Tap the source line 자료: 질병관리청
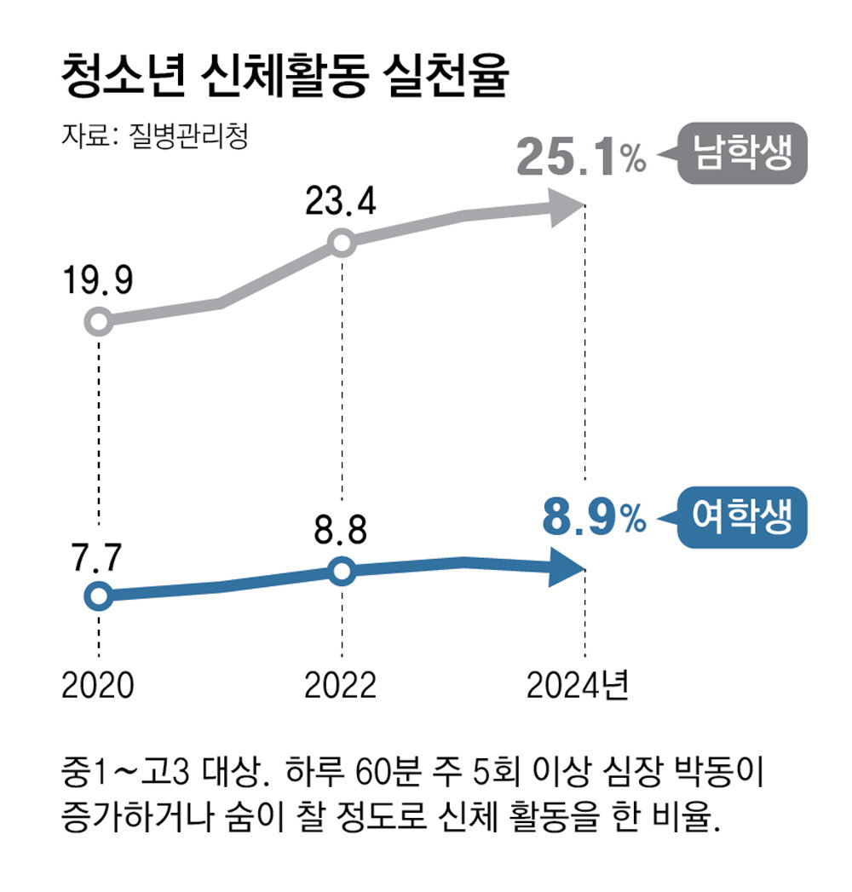click(154, 136)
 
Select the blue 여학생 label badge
click(740, 517)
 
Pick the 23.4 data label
click(342, 204)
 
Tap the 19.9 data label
click(98, 282)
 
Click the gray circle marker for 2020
click(98, 322)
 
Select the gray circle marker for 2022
click(341, 244)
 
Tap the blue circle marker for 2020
click(98, 596)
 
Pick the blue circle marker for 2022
click(341, 571)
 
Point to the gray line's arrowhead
click(564, 206)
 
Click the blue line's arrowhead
click(564, 568)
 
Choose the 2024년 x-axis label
click(577, 685)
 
